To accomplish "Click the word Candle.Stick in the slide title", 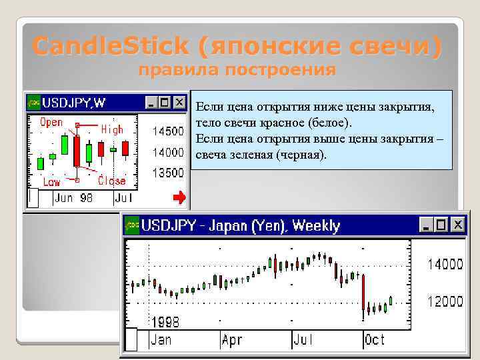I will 111,47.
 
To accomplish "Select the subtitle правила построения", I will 237,70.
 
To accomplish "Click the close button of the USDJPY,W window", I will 179,103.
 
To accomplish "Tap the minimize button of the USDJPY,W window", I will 151,103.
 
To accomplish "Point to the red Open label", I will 52,123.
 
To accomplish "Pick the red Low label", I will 51,182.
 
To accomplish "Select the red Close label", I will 111,181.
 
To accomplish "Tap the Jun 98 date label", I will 73,198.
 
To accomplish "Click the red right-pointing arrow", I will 179,197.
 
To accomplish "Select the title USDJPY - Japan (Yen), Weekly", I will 240,225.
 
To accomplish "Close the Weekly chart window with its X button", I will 457,225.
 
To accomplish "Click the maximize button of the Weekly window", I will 441,225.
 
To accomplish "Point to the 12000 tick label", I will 445,302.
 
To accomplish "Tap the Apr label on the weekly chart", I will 231,340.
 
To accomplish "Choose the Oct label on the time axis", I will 375,340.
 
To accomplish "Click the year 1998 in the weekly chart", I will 165,322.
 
